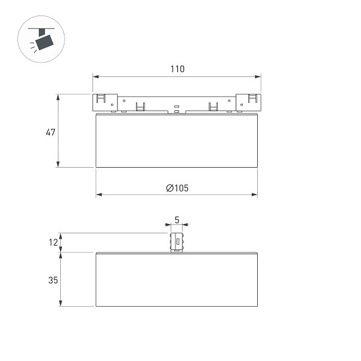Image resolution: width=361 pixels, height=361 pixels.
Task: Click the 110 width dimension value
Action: pyautogui.click(x=177, y=69)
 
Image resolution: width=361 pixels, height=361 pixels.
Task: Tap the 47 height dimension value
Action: pyautogui.click(x=51, y=132)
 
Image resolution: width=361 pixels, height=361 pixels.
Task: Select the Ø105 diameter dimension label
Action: pyautogui.click(x=177, y=188)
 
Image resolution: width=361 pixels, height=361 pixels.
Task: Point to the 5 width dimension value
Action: pyautogui.click(x=177, y=220)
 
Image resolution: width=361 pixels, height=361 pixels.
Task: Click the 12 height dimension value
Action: pyautogui.click(x=53, y=242)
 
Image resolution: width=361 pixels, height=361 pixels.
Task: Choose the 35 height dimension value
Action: pyautogui.click(x=53, y=280)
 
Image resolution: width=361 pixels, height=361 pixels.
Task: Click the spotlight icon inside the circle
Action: pyautogui.click(x=41, y=39)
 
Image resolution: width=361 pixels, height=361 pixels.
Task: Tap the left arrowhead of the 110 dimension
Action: pyautogui.click(x=95, y=76)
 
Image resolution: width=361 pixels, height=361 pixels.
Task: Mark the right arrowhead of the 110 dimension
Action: pyautogui.click(x=258, y=76)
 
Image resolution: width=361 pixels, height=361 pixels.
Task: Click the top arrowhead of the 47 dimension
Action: pyautogui.click(x=58, y=97)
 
